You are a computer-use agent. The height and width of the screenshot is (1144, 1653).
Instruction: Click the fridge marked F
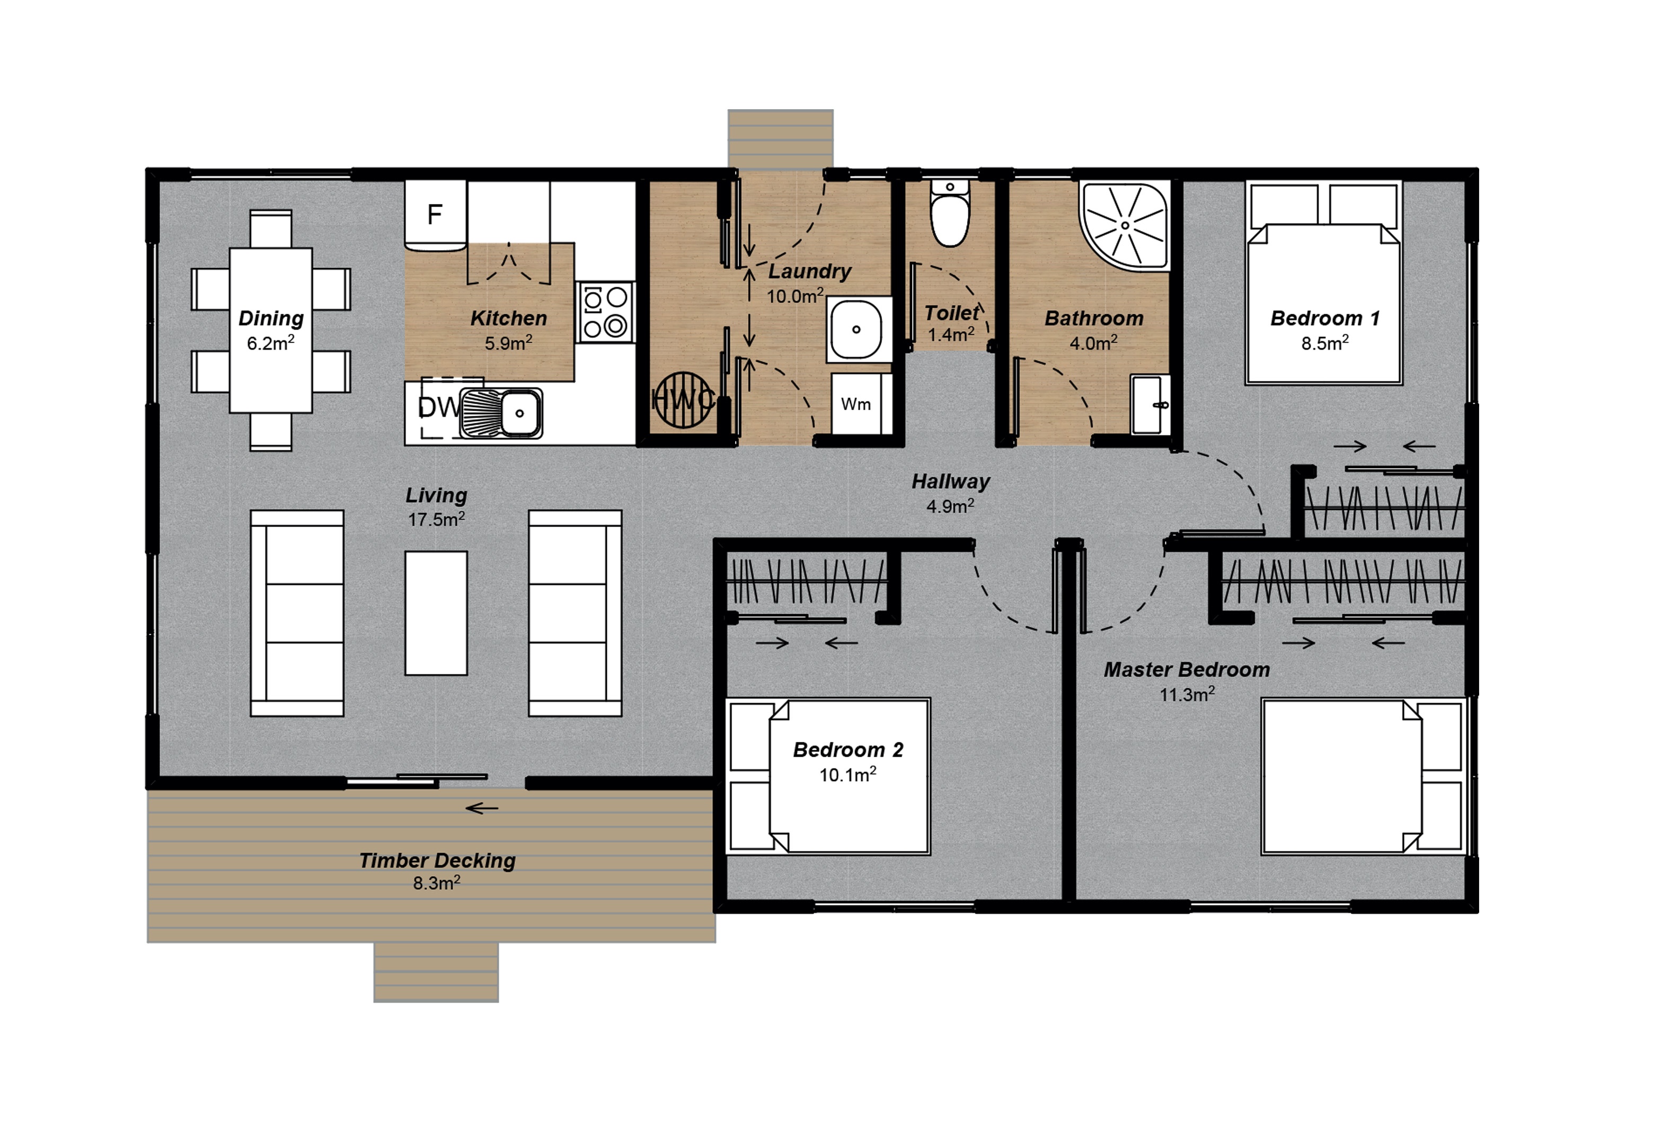pos(435,214)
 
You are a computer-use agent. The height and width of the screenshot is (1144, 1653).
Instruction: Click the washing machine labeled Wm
pos(856,404)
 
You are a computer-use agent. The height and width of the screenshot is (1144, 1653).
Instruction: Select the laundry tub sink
pos(856,330)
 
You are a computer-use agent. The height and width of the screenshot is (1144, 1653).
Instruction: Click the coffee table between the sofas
pos(436,613)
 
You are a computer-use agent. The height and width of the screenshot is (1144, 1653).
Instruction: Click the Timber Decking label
pos(437,860)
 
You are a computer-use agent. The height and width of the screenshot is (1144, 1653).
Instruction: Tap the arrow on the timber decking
pos(482,809)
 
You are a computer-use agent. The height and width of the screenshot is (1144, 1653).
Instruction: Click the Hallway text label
pos(950,482)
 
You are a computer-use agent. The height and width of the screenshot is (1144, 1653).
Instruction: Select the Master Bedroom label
pos(1186,669)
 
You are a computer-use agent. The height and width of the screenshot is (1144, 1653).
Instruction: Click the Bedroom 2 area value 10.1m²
pos(847,775)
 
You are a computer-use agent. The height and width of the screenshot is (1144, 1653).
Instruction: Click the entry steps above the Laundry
pos(780,139)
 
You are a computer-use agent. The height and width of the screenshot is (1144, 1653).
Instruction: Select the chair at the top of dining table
pos(270,229)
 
